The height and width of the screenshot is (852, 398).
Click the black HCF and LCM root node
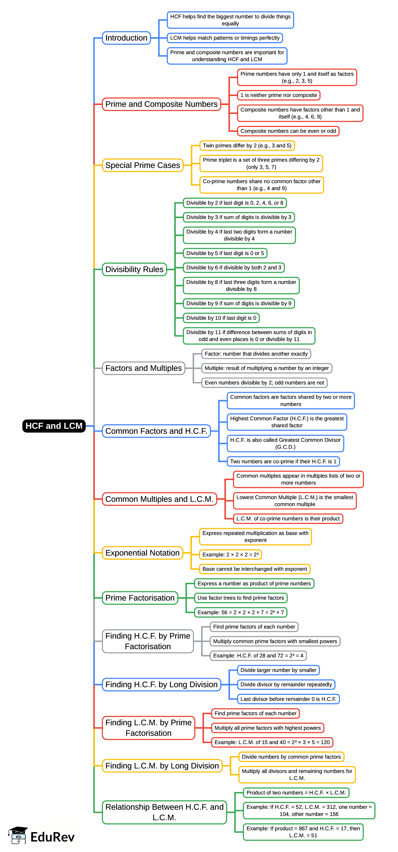pos(54,426)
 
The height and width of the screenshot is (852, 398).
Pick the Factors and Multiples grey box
pos(143,368)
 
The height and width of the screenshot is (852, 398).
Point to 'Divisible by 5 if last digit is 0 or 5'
pos(225,253)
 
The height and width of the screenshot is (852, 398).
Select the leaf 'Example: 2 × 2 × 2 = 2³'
pos(230,554)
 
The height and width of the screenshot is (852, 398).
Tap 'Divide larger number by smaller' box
pos(278,670)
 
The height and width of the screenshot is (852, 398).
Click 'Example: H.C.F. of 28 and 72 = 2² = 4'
pos(258,656)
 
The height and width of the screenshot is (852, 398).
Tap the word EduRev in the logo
pos(53,837)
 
